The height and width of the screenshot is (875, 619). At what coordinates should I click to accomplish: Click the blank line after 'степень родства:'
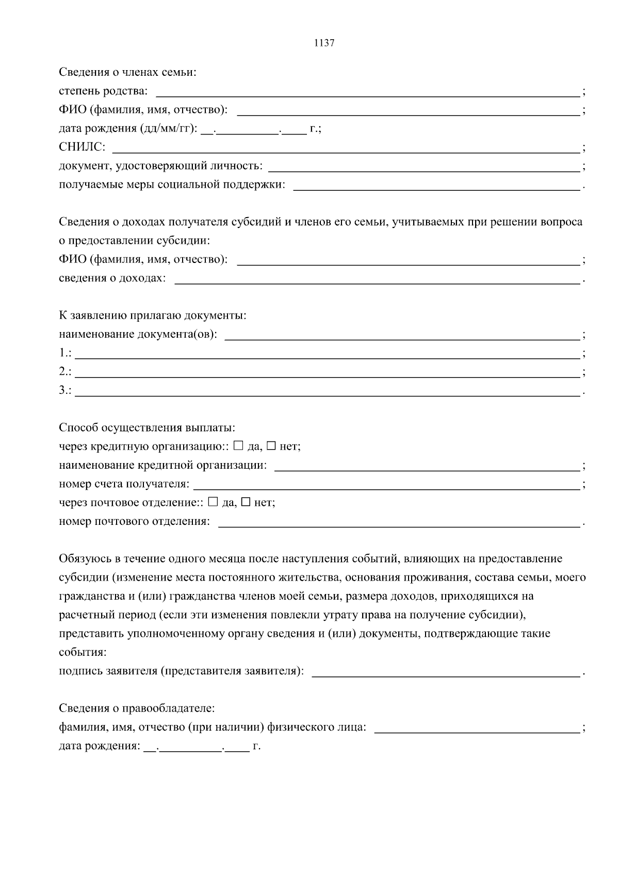[367, 92]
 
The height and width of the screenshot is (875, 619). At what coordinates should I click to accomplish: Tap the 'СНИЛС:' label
[82, 147]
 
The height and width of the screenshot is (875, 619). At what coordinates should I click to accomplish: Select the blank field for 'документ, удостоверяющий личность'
[424, 166]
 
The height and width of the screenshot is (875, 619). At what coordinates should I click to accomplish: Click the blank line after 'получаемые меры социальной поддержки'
[436, 185]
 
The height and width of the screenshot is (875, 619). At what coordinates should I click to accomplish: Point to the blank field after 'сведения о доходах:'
[378, 278]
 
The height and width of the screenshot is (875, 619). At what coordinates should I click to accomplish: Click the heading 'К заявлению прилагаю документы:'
[152, 316]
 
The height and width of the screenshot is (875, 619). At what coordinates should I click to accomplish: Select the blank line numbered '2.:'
[328, 372]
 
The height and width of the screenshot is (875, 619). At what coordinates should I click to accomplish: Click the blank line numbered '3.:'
[328, 390]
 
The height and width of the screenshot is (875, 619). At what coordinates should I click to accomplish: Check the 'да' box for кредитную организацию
[238, 445]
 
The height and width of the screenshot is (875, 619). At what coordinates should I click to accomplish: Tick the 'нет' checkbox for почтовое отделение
[246, 502]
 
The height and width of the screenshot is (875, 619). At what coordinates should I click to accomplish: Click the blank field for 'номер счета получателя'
[386, 485]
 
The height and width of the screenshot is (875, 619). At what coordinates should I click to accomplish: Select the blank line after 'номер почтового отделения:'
[399, 522]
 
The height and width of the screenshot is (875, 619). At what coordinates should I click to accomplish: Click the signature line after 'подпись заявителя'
[446, 671]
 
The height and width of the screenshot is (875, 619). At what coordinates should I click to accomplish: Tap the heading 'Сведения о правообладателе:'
[136, 709]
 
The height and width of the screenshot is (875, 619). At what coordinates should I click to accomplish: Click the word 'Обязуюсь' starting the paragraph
[83, 559]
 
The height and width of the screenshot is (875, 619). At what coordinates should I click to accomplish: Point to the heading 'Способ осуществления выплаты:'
[147, 428]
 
